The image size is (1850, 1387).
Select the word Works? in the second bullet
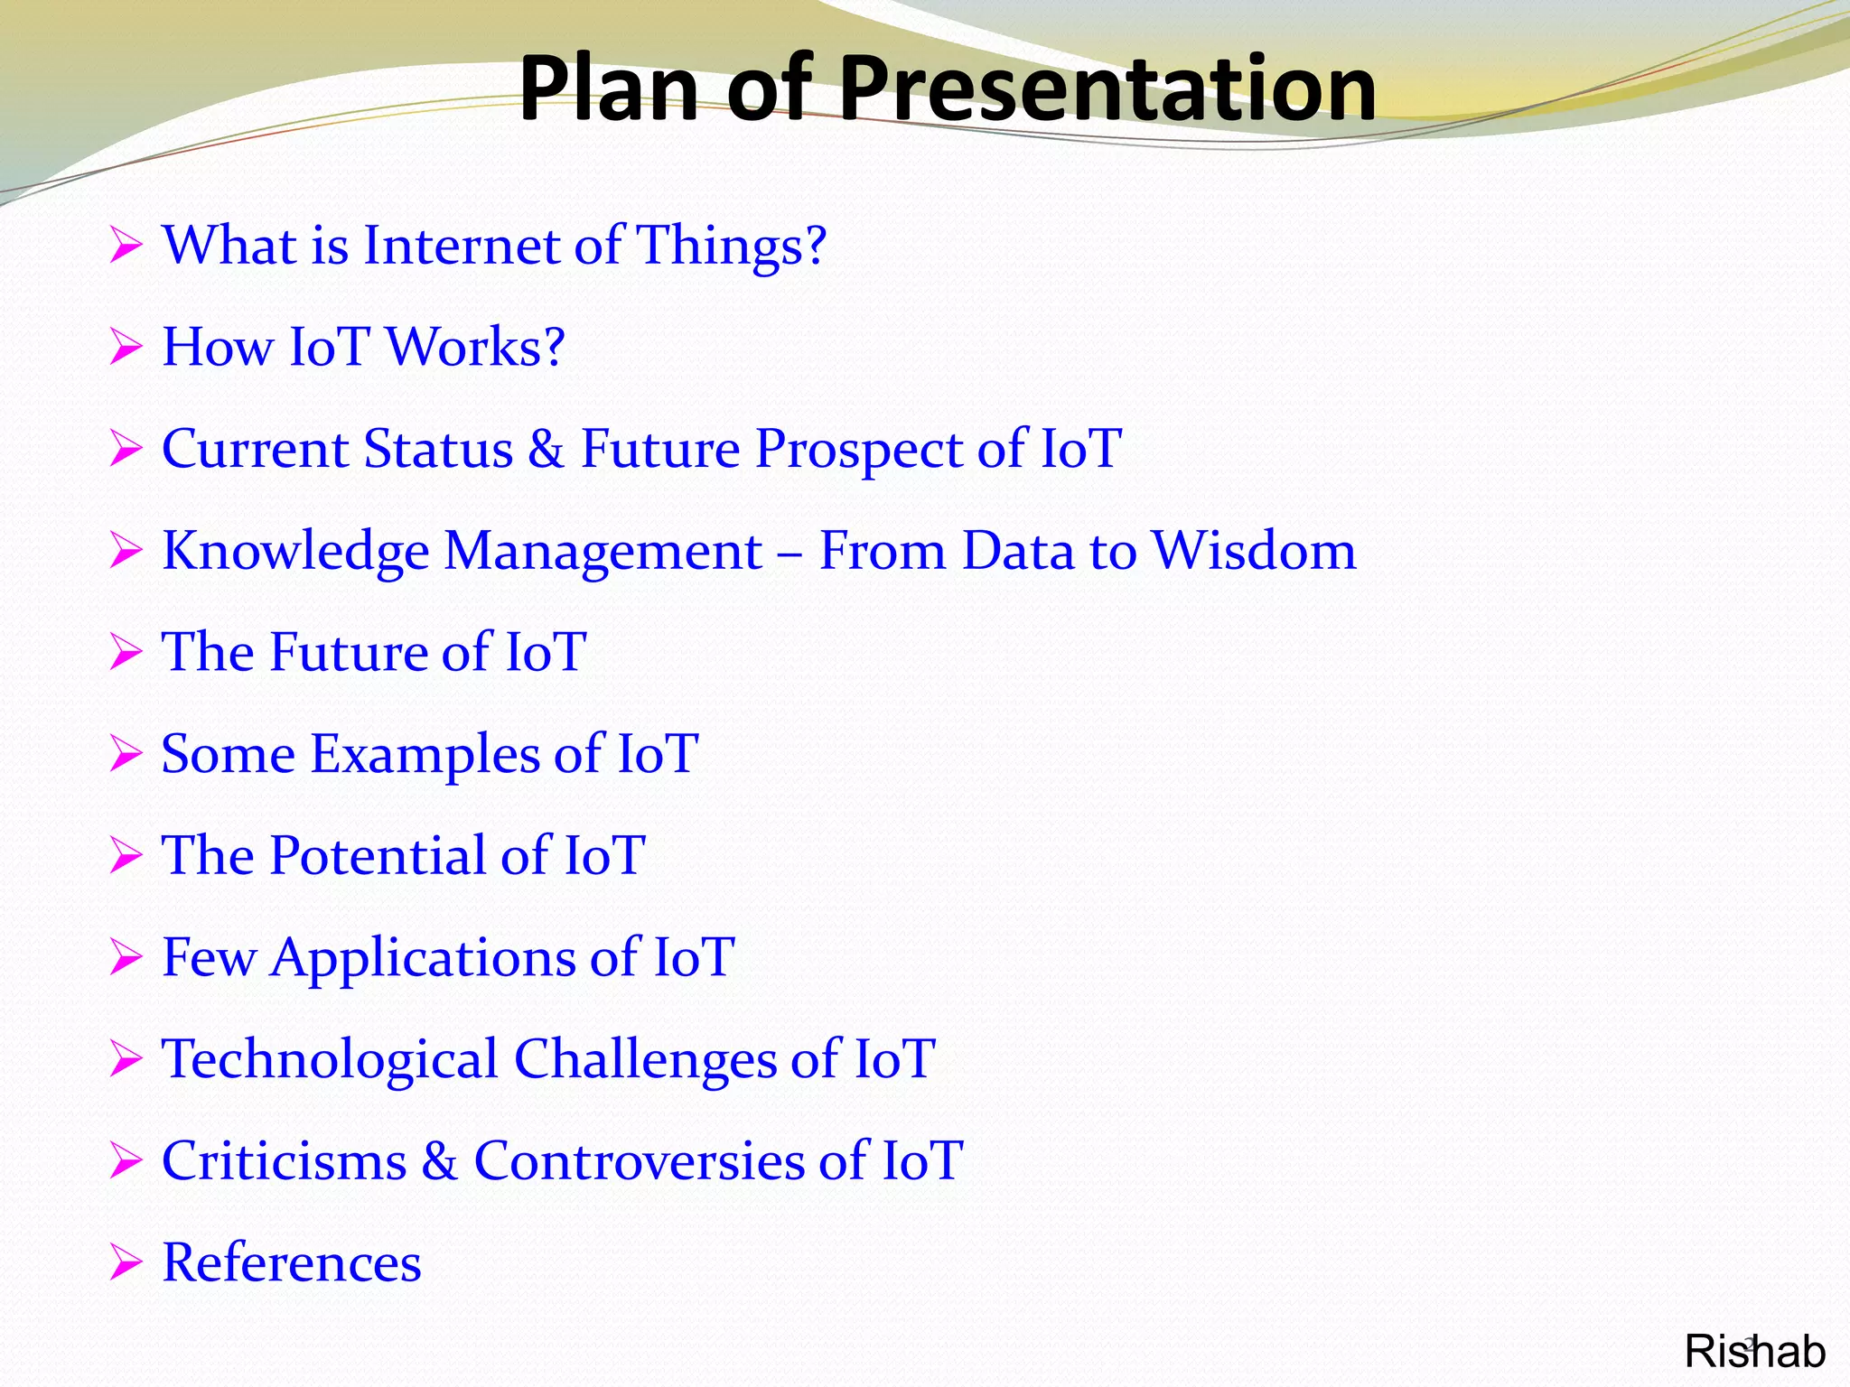(x=475, y=348)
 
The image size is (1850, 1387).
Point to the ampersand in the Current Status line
(x=546, y=449)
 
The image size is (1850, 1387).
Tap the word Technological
(x=329, y=1060)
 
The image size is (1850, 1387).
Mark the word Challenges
(x=645, y=1060)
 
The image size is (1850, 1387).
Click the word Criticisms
(x=284, y=1161)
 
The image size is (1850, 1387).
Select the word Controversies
(x=639, y=1161)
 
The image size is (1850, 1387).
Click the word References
(x=291, y=1263)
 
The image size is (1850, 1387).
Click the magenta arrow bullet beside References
(x=126, y=1262)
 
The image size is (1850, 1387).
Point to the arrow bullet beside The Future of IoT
(x=126, y=652)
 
